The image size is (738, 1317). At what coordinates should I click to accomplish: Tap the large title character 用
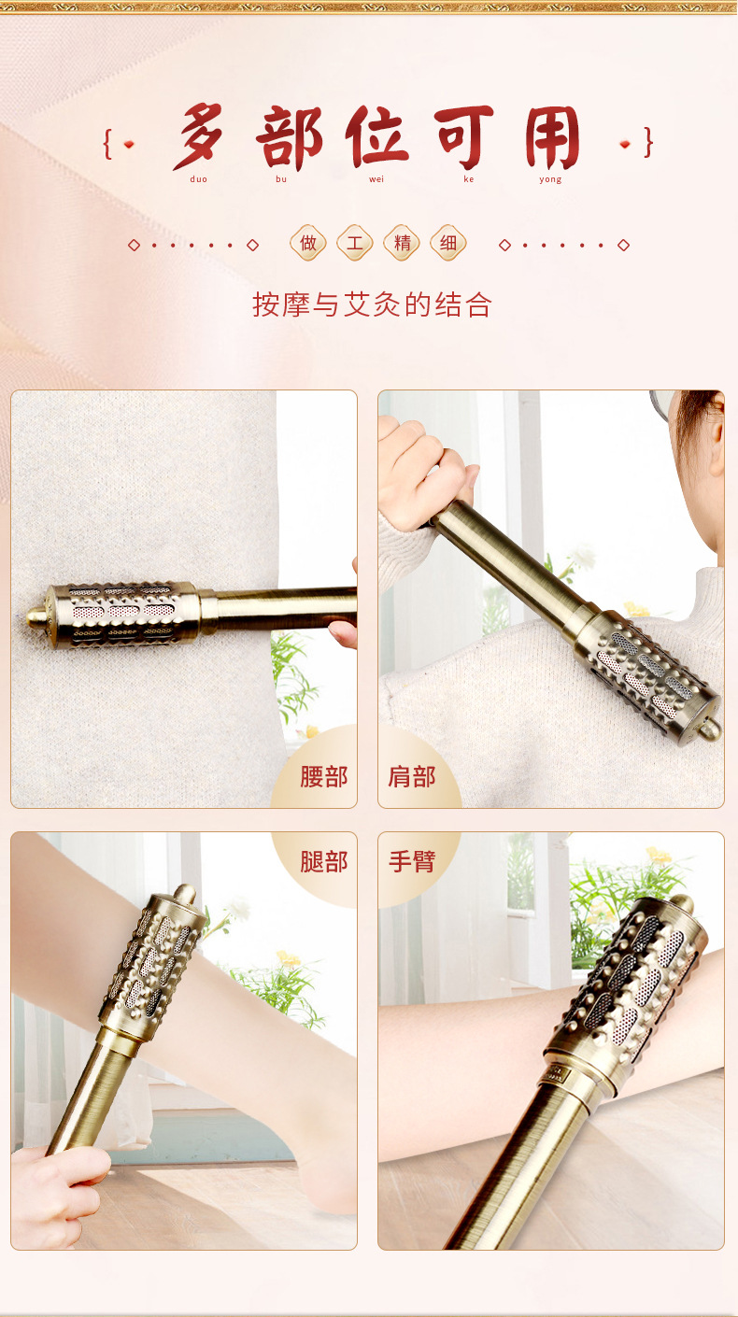552,137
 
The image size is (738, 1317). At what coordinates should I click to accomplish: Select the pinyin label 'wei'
376,179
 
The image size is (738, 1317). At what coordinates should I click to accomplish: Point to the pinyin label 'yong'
550,179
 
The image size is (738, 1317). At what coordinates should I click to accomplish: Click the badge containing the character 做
308,243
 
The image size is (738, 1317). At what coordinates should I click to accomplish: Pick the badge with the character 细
448,243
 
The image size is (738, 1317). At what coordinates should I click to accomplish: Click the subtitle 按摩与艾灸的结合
372,304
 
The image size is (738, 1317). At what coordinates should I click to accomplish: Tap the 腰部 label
324,777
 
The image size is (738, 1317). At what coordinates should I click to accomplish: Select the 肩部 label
412,777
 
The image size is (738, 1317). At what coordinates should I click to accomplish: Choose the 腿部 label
324,862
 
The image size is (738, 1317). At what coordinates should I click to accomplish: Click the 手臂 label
412,862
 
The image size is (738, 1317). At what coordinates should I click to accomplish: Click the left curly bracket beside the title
107,144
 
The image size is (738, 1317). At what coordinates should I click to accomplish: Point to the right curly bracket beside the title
648,143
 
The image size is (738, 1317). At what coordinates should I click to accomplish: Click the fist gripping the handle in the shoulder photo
423,473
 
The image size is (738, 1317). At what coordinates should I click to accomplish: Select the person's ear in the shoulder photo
717,435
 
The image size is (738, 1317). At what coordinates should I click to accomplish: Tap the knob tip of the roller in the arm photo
682,903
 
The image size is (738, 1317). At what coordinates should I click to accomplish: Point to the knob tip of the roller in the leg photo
185,894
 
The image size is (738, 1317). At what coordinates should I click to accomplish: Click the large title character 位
376,137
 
